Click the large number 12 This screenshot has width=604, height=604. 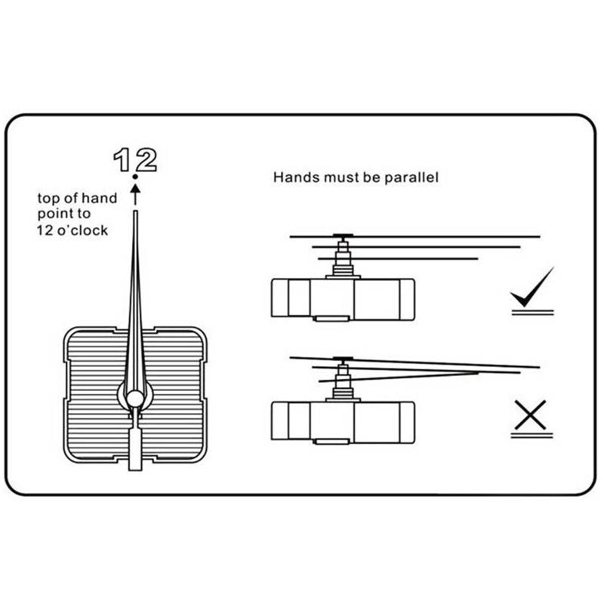[134, 159]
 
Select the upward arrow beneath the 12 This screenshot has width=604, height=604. [135, 195]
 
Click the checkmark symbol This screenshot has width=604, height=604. [532, 288]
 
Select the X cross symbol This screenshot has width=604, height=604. [532, 412]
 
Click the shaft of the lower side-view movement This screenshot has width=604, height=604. [344, 381]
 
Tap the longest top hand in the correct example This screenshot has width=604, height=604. [453, 236]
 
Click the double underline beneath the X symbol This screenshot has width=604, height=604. [532, 435]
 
